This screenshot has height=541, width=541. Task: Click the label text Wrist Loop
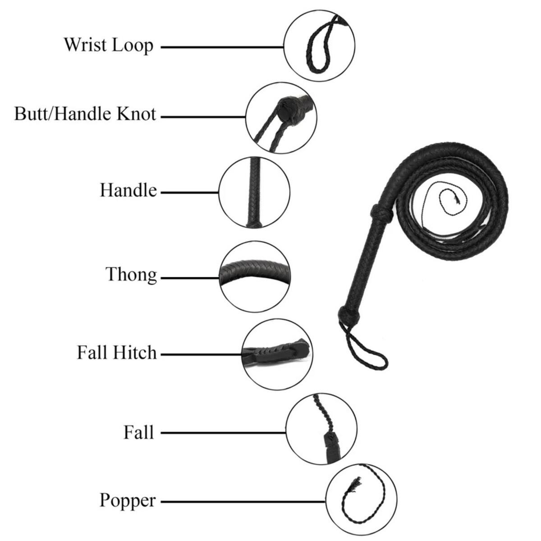(109, 46)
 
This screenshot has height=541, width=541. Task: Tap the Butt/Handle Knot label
(85, 114)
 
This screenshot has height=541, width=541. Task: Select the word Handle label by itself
(128, 190)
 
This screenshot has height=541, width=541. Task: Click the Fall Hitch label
(117, 353)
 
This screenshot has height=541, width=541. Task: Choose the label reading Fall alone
(139, 432)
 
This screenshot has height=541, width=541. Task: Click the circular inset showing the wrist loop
(319, 46)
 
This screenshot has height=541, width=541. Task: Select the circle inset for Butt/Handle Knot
(281, 118)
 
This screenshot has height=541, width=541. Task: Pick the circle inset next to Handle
(254, 193)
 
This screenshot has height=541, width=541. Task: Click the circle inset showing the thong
(255, 276)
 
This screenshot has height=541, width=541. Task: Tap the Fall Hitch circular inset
(277, 354)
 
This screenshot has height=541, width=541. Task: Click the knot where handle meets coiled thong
(381, 214)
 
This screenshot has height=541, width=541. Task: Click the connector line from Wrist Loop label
(222, 47)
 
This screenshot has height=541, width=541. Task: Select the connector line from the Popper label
(243, 501)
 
